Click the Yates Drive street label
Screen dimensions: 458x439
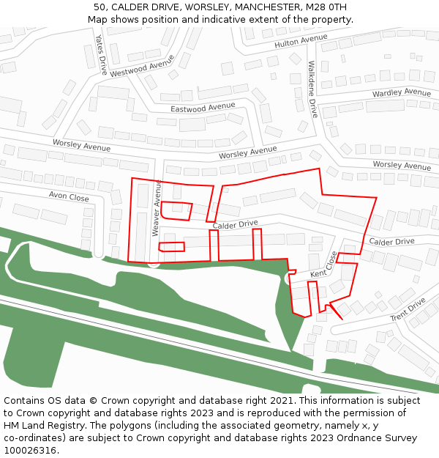(102, 54)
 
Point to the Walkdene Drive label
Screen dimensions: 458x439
(312, 89)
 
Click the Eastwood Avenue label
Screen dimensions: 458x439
(203, 108)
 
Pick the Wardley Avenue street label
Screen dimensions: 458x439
(402, 93)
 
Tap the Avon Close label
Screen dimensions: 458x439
(69, 197)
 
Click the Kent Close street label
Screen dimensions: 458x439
(323, 265)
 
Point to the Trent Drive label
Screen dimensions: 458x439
(408, 309)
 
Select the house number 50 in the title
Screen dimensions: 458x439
(100, 7)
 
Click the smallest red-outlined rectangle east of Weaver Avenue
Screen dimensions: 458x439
(172, 247)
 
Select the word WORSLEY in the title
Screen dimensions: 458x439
(192, 7)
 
